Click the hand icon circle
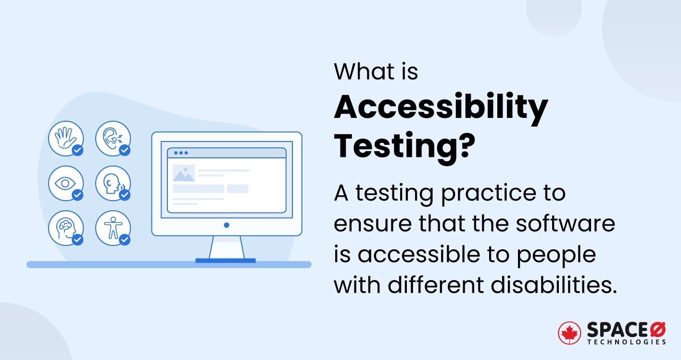pos(65,139)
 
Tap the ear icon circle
pos(113,139)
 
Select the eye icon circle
pos(65,183)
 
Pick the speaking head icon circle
pos(113,183)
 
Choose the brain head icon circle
pos(65,228)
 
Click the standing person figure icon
pos(113,228)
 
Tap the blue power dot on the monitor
pos(227,225)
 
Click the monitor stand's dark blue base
pos(226,260)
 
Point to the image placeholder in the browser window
pos(184,173)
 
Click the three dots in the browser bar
pos(181,153)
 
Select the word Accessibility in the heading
pos(441,108)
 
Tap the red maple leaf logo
pos(569,333)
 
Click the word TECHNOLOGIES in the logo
pos(626,342)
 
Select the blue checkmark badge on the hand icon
pos(77,151)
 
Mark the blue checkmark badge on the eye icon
pos(77,195)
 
